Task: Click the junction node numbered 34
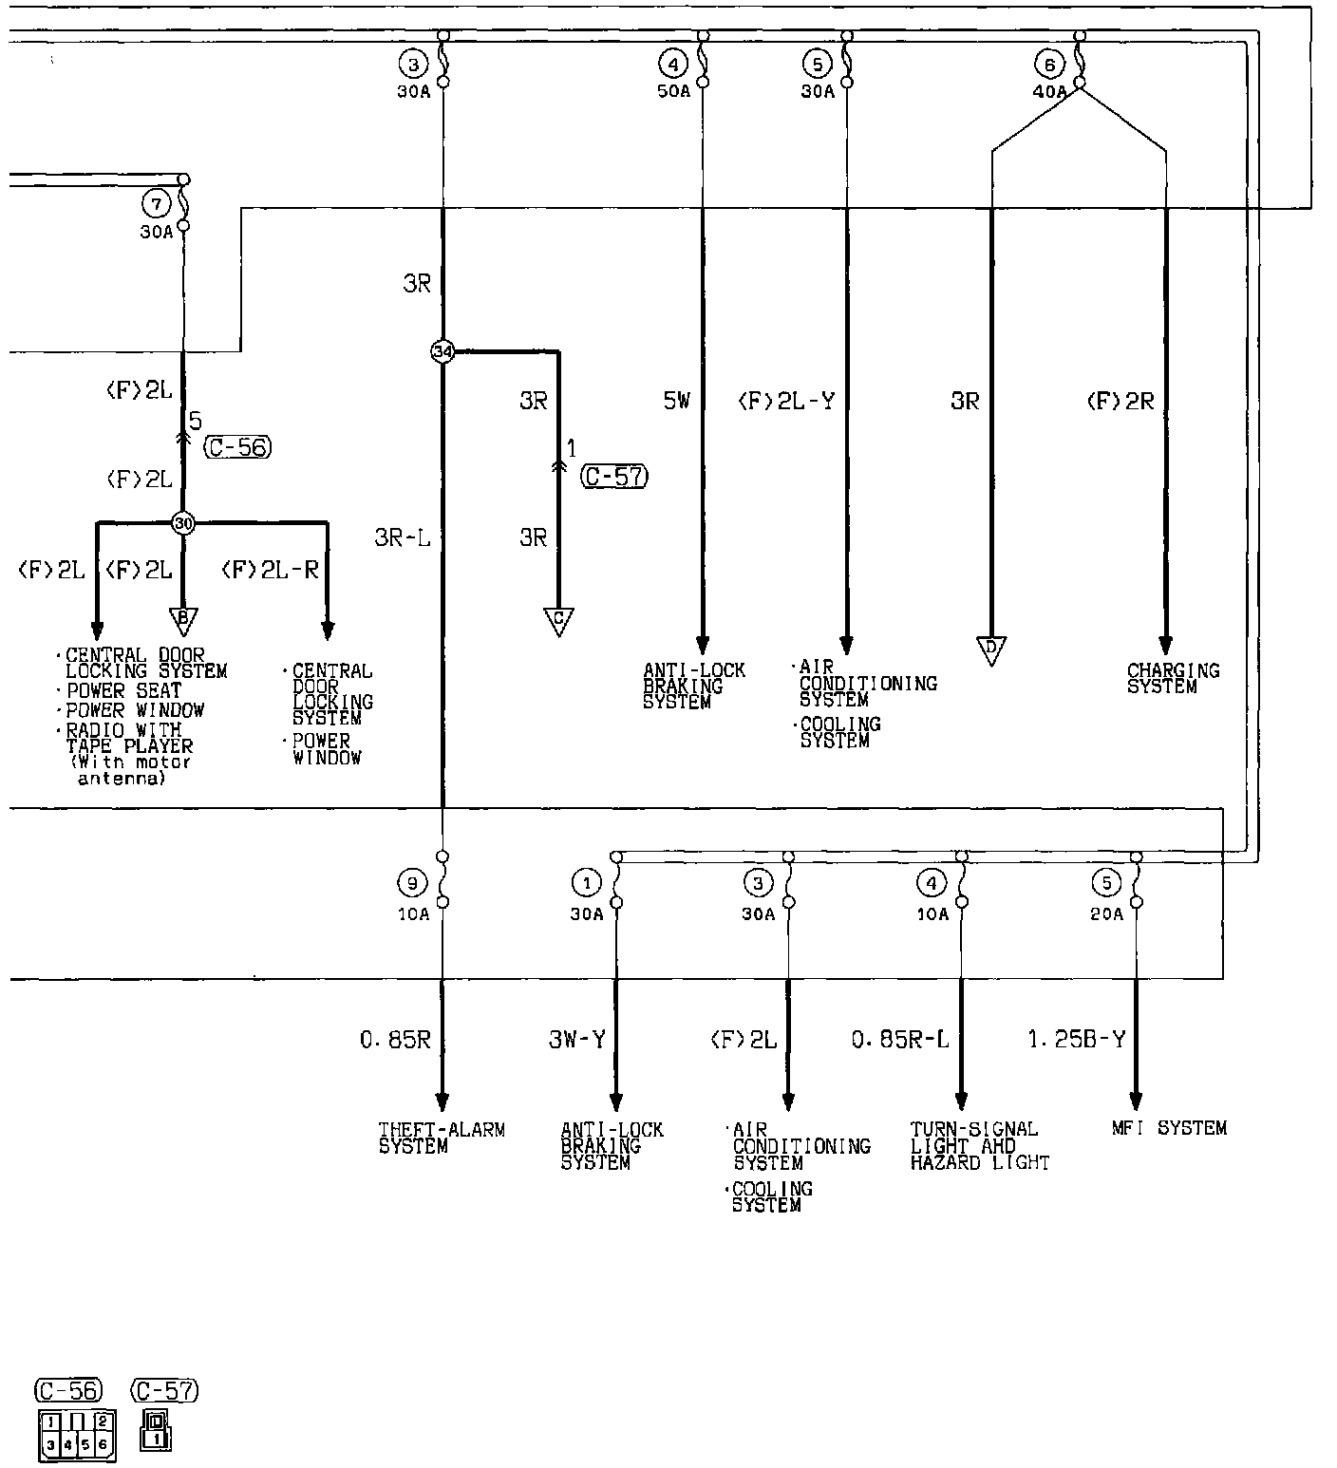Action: coord(443,351)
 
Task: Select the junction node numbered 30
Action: coord(183,522)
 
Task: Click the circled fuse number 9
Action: coord(411,884)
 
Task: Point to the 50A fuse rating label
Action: coord(673,91)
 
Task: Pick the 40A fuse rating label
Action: coord(1048,92)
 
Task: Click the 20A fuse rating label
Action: coord(1106,913)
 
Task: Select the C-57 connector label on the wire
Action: coord(614,476)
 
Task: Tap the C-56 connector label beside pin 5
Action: coord(238,446)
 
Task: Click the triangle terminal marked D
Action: coord(991,650)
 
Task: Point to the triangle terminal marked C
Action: coord(558,620)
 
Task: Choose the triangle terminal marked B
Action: coord(183,620)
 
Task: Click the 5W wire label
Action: coord(676,401)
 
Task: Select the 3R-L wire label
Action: coord(402,537)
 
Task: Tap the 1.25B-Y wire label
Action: coord(1076,1039)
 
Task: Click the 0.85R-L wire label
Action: coord(899,1040)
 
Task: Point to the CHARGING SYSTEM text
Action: coord(1173,678)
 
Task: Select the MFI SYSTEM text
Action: coord(1169,1128)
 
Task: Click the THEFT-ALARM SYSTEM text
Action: coord(442,1138)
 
